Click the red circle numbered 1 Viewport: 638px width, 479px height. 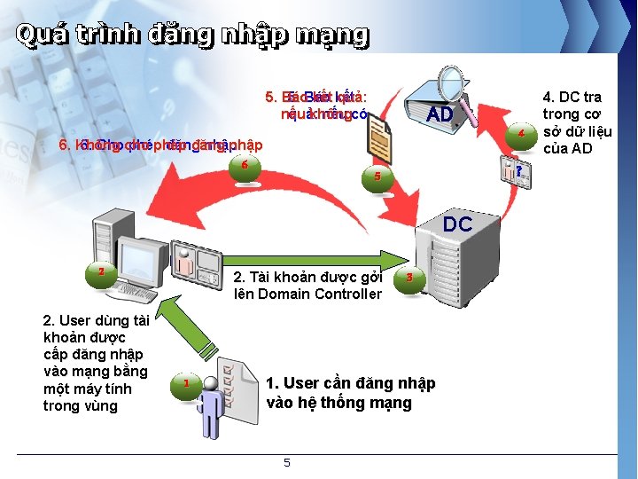[186, 384]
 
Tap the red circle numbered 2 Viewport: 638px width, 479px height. [102, 271]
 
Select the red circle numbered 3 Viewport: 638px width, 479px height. [408, 278]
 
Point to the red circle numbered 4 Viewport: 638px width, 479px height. [522, 133]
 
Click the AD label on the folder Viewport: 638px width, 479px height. [440, 115]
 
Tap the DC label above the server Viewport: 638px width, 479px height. [457, 224]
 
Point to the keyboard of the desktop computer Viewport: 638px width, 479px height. [133, 292]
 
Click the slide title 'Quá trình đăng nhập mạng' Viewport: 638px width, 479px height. [191, 35]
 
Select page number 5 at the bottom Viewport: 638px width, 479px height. [286, 462]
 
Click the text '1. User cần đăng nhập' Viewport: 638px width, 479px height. [351, 383]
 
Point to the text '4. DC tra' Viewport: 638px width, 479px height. [572, 97]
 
